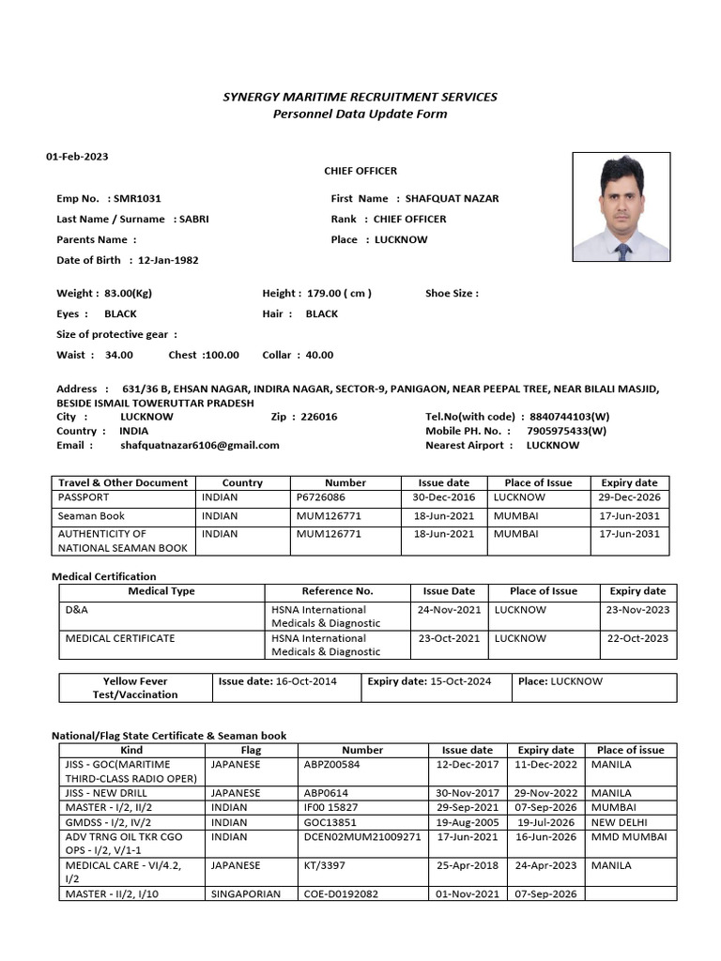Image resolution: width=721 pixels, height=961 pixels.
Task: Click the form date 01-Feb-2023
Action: click(x=78, y=157)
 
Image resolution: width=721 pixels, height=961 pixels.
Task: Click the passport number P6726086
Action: click(x=320, y=498)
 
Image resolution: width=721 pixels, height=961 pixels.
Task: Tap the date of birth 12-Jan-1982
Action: click(x=168, y=260)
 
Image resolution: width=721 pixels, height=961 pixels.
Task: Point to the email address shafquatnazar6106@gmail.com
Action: click(x=200, y=446)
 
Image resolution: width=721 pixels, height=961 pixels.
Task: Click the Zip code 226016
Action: click(x=318, y=417)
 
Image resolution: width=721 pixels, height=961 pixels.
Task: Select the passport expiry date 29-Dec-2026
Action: click(x=630, y=498)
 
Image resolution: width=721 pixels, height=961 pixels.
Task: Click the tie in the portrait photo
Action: click(x=622, y=250)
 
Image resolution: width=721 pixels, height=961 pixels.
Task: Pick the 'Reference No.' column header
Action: click(x=337, y=592)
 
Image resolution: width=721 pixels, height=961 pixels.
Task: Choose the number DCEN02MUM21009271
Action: click(x=362, y=837)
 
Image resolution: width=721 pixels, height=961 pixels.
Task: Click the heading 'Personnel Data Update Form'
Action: click(x=360, y=114)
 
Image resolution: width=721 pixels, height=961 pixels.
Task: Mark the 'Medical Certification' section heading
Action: click(x=103, y=576)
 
